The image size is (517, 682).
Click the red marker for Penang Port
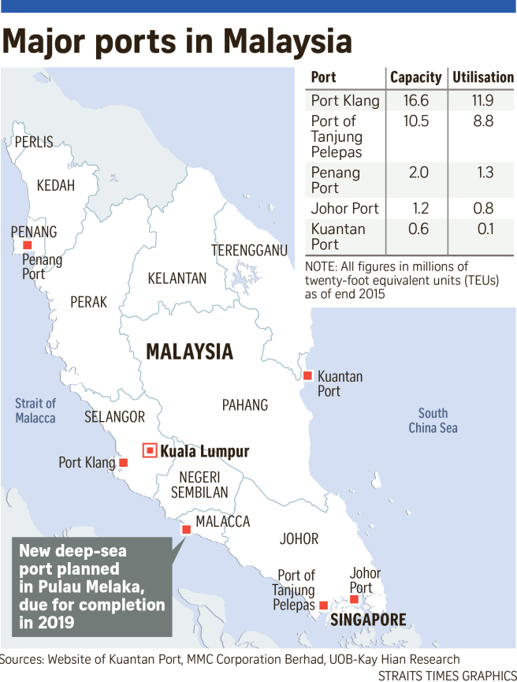27,246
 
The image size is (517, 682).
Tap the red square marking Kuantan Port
308,375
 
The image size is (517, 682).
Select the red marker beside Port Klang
122,463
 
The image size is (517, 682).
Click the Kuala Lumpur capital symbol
149,451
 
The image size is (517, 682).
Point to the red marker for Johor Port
354,599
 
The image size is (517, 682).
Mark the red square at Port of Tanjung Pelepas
323,605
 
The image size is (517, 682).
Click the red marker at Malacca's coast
186,530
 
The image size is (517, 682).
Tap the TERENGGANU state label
249,251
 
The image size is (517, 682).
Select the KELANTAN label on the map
177,278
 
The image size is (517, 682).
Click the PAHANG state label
244,404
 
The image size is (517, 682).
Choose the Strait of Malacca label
35,411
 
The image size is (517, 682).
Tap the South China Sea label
433,420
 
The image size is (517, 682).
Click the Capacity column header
416,77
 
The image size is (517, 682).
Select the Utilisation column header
482,77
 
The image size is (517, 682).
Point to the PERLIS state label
34,142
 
